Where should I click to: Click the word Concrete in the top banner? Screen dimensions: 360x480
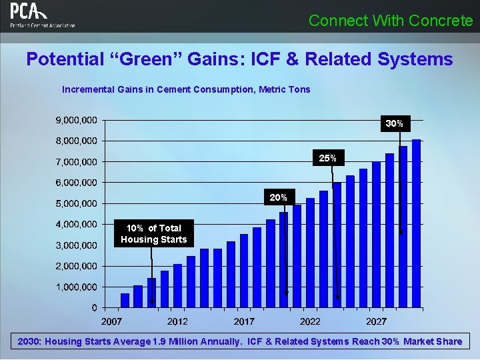pyautogui.click(x=441, y=21)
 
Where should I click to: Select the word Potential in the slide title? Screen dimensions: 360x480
pyautogui.click(x=63, y=59)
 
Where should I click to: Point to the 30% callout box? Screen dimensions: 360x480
pyautogui.click(x=394, y=123)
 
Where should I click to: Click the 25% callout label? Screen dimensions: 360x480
pyautogui.click(x=327, y=158)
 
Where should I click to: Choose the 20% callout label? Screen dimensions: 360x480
pyautogui.click(x=278, y=197)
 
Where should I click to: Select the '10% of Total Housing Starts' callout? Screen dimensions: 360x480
pyautogui.click(x=154, y=233)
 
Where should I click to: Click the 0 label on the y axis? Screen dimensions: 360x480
pyautogui.click(x=94, y=307)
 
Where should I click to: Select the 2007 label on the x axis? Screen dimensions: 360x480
pyautogui.click(x=111, y=321)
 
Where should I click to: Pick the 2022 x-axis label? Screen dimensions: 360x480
pyautogui.click(x=310, y=321)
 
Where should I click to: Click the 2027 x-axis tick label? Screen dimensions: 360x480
pyautogui.click(x=377, y=321)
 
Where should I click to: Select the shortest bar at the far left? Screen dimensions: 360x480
pyautogui.click(x=125, y=300)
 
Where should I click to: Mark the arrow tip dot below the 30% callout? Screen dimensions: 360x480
pyautogui.click(x=401, y=232)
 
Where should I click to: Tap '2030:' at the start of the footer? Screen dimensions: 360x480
pyautogui.click(x=31, y=341)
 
